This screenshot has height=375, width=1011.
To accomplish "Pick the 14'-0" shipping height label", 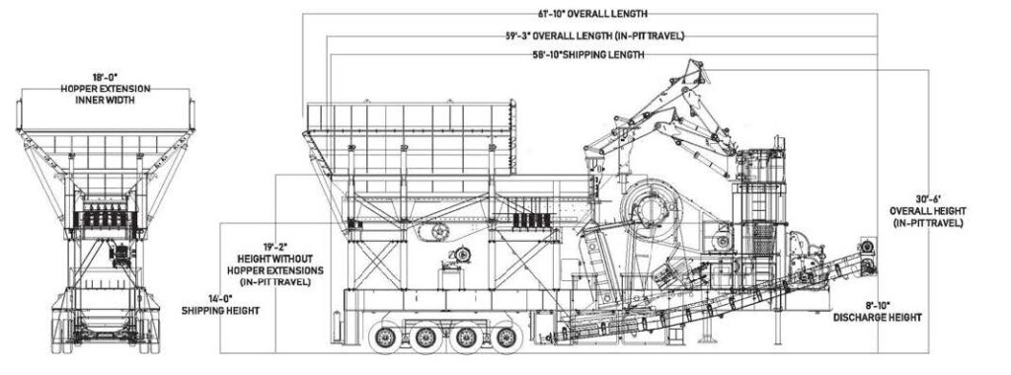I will [220, 304].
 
